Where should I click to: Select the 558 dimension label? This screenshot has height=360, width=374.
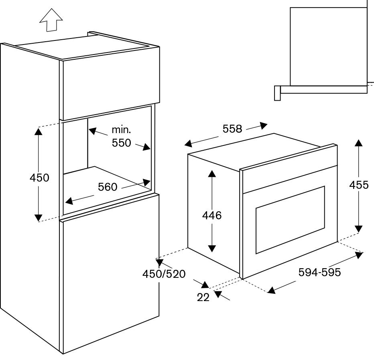click(x=232, y=129)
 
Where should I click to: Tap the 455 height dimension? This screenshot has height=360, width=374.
click(x=358, y=185)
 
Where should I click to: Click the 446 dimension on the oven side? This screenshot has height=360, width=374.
click(x=212, y=215)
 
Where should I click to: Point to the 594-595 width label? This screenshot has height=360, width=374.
click(x=319, y=273)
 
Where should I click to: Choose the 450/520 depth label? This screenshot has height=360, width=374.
click(x=164, y=274)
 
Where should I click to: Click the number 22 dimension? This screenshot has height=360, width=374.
click(x=203, y=297)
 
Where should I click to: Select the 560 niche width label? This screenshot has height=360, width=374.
click(x=108, y=187)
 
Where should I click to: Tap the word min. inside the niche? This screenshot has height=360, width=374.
click(x=121, y=130)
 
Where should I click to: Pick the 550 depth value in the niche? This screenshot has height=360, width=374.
click(x=121, y=143)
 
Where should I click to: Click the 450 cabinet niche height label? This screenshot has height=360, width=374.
click(x=39, y=178)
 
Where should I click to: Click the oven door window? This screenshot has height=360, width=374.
click(x=290, y=219)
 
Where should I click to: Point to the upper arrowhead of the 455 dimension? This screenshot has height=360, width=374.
click(x=358, y=142)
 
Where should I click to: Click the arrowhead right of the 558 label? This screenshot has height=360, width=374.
click(x=263, y=125)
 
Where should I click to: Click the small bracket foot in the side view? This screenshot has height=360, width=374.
click(x=277, y=93)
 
